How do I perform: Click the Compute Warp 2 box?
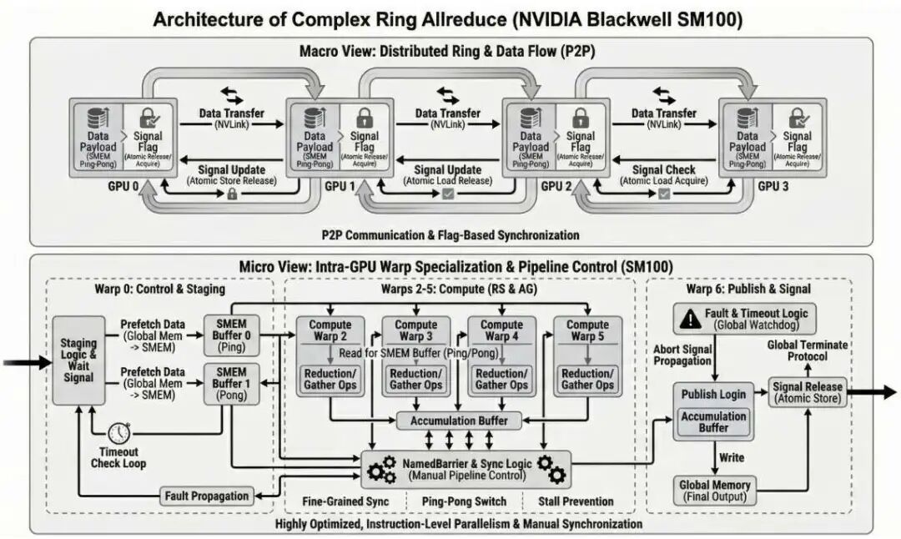pos(330,330)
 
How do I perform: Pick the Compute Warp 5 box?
pos(587,330)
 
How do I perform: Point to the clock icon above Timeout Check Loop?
pos(119,432)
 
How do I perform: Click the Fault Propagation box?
pos(206,496)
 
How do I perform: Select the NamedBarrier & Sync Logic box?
pos(466,469)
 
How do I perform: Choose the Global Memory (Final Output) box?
pos(713,491)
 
